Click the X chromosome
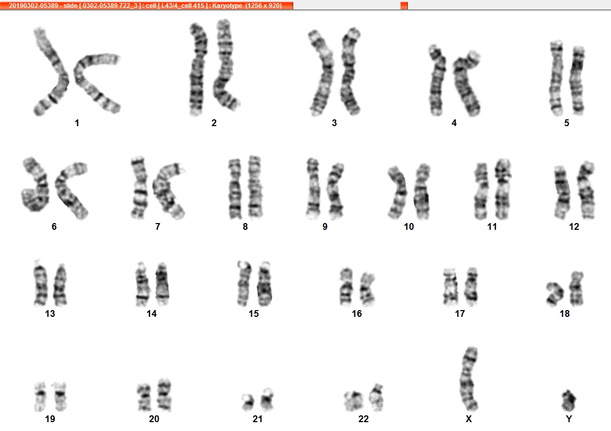point(468,378)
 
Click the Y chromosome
point(568,400)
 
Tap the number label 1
point(77,123)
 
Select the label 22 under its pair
point(363,419)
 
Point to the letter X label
point(469,419)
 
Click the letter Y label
point(569,419)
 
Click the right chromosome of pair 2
point(225,64)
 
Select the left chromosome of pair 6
point(36,185)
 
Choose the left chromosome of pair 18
point(555,293)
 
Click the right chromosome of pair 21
point(267,399)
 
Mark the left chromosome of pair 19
point(40,397)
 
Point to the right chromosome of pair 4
point(467,83)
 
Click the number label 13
point(50,314)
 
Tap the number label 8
point(245,227)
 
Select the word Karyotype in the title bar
point(227,5)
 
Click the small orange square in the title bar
point(404,5)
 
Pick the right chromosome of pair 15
point(265,284)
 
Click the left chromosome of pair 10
point(397,192)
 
